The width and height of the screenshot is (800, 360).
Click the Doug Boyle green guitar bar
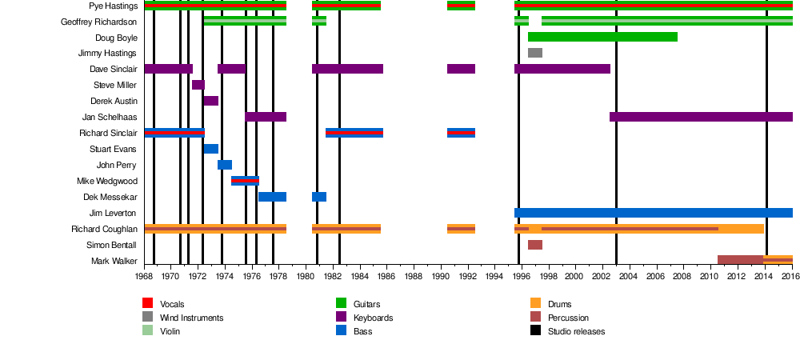tap(602, 37)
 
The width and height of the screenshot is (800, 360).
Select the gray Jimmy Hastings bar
tap(535, 53)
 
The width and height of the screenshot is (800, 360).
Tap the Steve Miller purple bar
tap(198, 85)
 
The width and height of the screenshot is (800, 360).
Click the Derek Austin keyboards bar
tap(211, 101)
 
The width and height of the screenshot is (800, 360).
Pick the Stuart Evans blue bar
tap(211, 149)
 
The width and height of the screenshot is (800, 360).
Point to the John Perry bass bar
tap(225, 165)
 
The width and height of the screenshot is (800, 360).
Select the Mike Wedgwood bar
tap(245, 181)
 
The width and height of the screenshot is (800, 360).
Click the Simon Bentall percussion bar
tap(535, 245)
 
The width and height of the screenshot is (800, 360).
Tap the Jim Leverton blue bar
tap(653, 213)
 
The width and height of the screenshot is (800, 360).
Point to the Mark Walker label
tap(114, 262)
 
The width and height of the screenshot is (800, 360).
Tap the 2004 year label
tap(629, 276)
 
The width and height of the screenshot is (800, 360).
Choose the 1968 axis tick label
tap(144, 276)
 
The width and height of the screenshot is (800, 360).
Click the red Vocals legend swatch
tap(147, 303)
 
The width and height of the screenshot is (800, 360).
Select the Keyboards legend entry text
tap(372, 318)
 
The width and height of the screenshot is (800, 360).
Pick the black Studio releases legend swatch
tap(536, 330)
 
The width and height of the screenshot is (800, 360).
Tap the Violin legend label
tap(170, 331)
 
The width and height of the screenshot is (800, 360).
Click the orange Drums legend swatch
tap(536, 303)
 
